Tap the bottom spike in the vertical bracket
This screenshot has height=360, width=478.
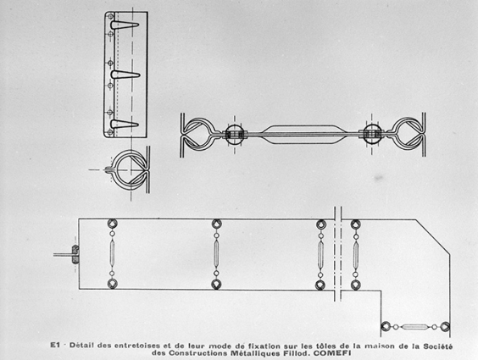[x=125, y=124]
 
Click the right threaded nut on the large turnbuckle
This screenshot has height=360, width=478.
[x=370, y=135]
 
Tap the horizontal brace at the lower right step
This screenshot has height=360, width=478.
[x=415, y=326]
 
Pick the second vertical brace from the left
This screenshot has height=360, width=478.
[x=216, y=253]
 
